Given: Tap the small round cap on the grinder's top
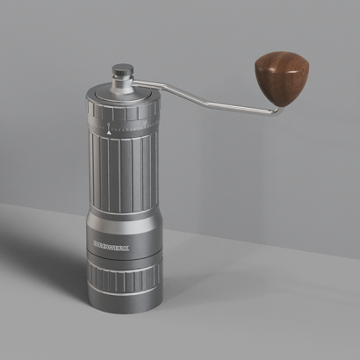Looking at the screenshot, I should (122, 70).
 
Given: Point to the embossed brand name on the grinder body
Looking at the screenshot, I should (111, 248).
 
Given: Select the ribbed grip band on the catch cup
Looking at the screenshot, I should (123, 280).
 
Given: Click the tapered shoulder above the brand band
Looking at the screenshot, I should (123, 224).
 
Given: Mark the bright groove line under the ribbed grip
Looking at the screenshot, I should (123, 295).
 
